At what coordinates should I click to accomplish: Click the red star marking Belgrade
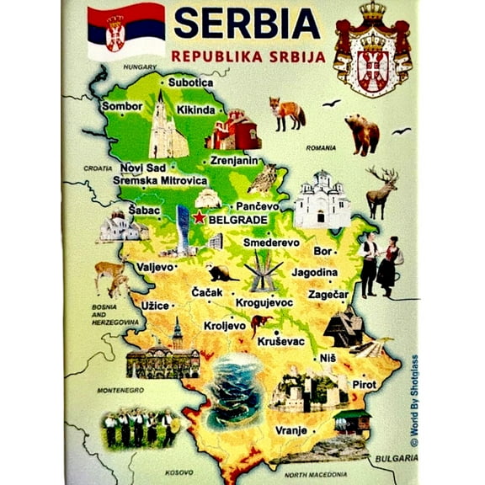(x=199, y=218)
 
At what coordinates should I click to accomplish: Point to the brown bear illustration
(x=362, y=132)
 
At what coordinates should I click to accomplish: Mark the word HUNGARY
(x=140, y=66)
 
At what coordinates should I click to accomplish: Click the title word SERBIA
(x=246, y=24)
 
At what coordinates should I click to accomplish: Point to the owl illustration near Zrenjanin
(x=266, y=178)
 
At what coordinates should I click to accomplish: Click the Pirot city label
(x=364, y=384)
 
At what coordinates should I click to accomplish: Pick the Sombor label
(x=122, y=107)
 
